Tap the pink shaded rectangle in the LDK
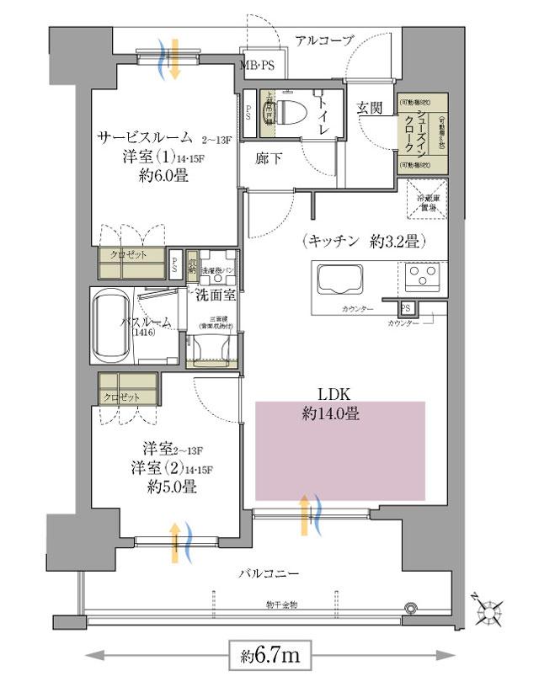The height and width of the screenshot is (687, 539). (340, 450)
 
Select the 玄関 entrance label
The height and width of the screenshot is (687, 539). (369, 108)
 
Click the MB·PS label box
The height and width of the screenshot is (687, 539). (259, 64)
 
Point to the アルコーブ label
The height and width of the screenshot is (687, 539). (325, 40)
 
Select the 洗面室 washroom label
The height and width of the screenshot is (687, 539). (214, 295)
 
